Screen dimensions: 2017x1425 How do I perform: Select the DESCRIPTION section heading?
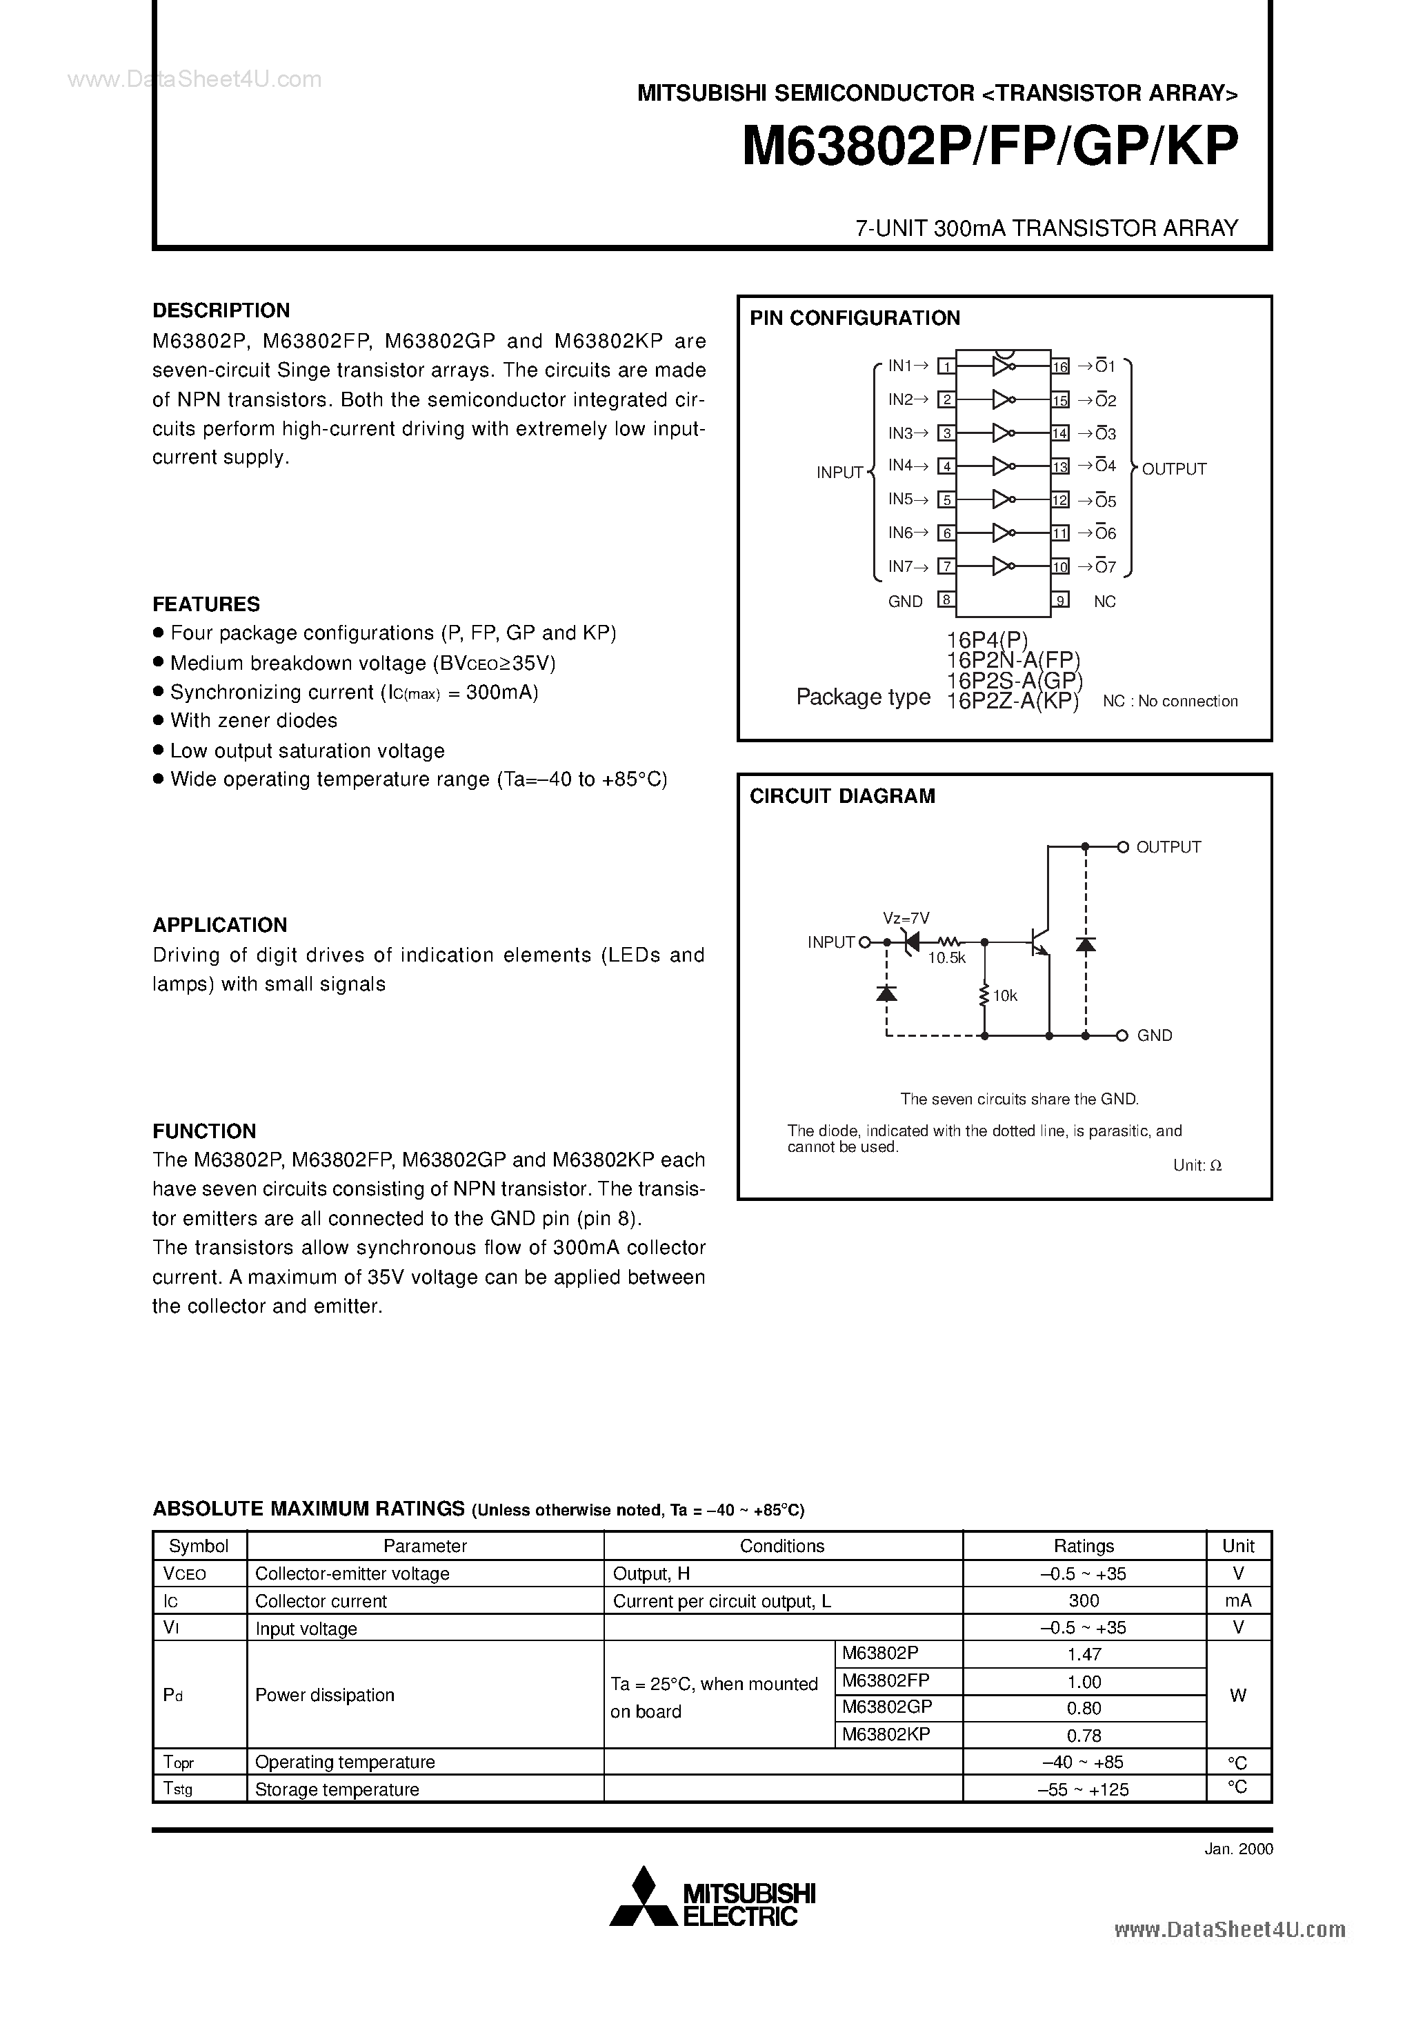[221, 310]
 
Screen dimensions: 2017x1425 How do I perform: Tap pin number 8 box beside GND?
[946, 600]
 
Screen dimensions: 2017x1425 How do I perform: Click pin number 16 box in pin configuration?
[1060, 366]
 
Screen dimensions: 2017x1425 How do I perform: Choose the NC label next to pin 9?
[1104, 601]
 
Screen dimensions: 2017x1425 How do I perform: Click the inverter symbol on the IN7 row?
[1002, 566]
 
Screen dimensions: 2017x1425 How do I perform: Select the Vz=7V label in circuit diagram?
[906, 918]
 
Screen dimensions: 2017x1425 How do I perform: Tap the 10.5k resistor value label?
[946, 958]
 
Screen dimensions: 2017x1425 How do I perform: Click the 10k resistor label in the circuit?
[1005, 996]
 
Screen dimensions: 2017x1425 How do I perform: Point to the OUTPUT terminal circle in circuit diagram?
[1122, 847]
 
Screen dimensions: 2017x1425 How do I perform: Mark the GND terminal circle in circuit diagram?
[1122, 1035]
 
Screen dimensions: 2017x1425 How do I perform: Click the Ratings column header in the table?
[1084, 1571]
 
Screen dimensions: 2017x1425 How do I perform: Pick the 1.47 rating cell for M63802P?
[1084, 1654]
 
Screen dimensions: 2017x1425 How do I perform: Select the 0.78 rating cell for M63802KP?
[1084, 1735]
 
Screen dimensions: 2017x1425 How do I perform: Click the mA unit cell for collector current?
[1238, 1600]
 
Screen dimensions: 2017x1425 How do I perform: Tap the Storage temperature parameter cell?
[337, 1789]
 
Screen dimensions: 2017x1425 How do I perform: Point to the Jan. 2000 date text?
[1238, 1848]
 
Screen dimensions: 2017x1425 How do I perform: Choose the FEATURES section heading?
[206, 604]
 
